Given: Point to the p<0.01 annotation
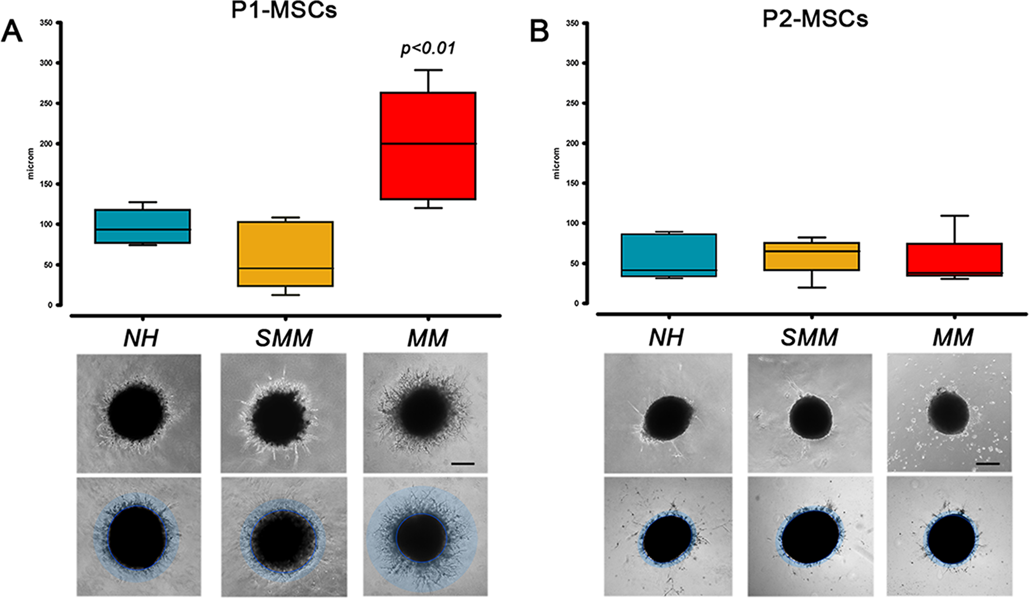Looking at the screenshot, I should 428,48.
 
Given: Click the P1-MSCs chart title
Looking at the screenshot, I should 284,10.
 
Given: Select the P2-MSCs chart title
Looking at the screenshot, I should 815,19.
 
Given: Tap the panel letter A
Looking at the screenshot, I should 12,31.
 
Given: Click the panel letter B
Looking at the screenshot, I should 539,31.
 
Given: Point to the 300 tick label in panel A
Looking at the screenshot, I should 46,63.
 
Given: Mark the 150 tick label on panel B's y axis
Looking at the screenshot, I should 572,183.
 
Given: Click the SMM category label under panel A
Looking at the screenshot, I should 284,338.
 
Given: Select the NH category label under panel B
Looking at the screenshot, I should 666,338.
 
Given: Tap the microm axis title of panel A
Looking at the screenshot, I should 31,164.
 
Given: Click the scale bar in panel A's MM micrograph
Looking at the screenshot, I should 463,464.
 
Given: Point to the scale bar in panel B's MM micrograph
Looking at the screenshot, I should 987,464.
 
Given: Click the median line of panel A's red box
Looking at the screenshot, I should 428,144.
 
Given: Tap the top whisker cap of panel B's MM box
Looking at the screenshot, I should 954,216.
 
